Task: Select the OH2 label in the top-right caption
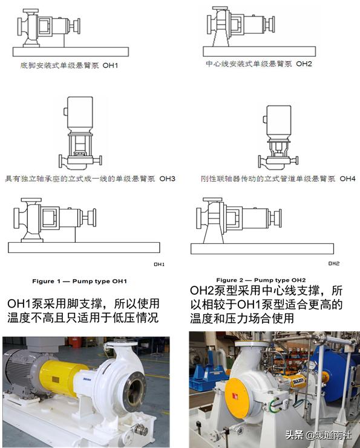click(303, 64)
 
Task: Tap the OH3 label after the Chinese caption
click(166, 179)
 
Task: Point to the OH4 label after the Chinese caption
click(347, 179)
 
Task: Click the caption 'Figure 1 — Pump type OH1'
click(79, 281)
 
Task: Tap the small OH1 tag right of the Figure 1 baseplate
click(159, 265)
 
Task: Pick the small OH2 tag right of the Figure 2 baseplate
click(333, 263)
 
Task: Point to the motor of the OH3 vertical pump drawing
click(76, 112)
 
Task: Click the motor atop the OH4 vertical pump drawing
click(278, 117)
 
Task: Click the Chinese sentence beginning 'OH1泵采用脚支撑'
click(83, 309)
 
